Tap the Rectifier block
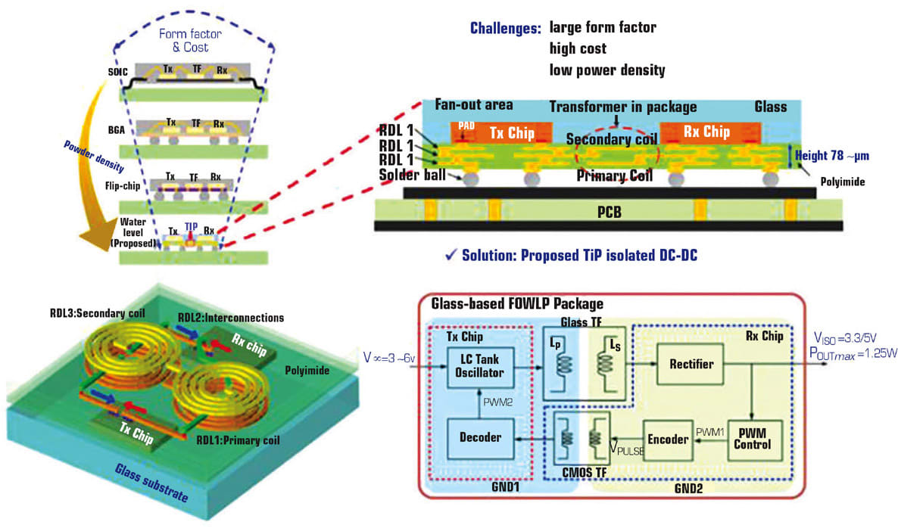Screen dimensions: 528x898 point(691,364)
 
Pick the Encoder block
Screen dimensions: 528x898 point(667,439)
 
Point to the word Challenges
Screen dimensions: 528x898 point(505,29)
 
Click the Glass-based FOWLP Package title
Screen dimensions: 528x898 point(517,304)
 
